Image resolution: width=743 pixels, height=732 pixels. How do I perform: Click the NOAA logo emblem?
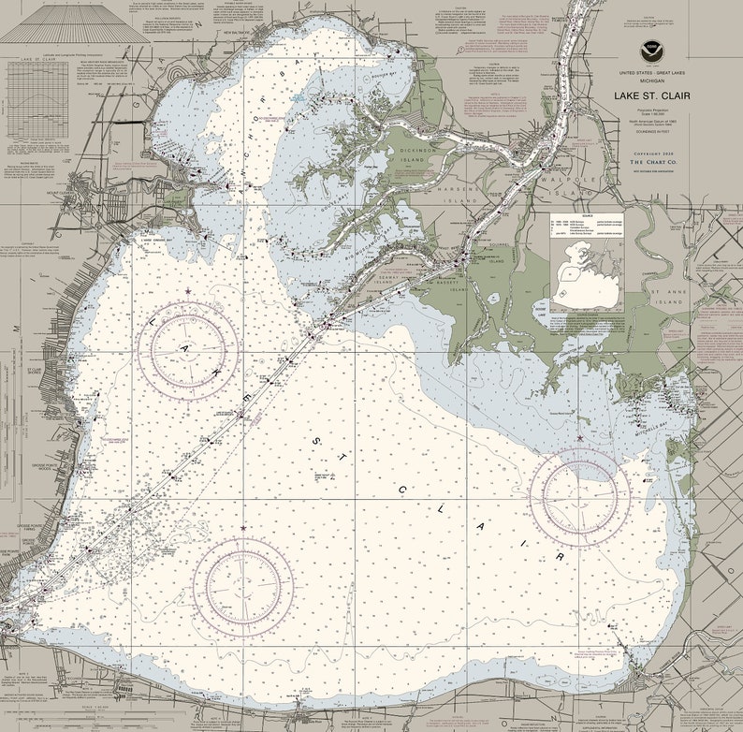[651, 52]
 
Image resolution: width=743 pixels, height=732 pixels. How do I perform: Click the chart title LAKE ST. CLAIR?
[651, 95]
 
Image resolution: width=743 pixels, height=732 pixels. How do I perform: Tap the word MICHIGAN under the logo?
[651, 81]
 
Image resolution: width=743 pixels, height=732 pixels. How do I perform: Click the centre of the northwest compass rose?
[188, 350]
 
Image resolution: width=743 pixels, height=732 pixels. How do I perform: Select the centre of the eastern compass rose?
[579, 495]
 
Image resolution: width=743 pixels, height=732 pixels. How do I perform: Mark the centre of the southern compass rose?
[243, 586]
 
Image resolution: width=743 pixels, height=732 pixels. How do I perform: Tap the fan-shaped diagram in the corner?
[62, 23]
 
